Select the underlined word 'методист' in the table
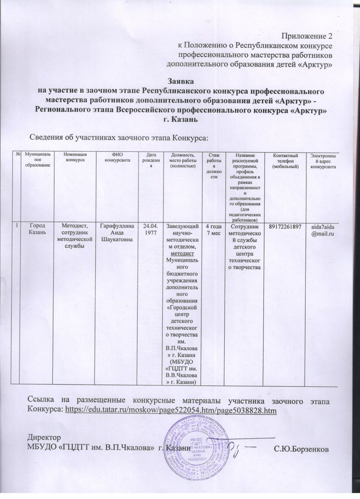181,253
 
